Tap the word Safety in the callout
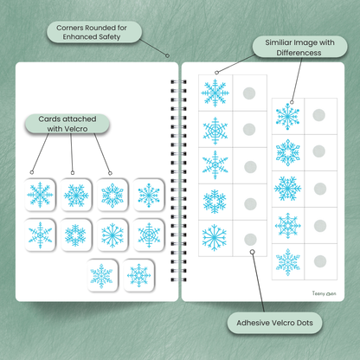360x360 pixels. click(x=110, y=37)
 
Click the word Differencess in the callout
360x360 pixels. click(x=299, y=53)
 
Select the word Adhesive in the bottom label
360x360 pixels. click(x=252, y=323)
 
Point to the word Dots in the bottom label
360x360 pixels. click(x=305, y=323)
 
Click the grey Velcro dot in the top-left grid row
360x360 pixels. click(x=249, y=93)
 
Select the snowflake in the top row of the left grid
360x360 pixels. click(x=215, y=93)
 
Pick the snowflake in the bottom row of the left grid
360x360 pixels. click(x=215, y=237)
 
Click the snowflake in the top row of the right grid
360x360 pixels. click(x=287, y=116)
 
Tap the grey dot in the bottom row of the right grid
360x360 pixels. click(x=320, y=261)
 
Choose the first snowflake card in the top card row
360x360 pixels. click(x=40, y=195)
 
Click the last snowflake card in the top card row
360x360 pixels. click(x=149, y=195)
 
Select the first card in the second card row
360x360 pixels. click(x=40, y=235)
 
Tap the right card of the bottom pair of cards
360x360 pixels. click(x=138, y=275)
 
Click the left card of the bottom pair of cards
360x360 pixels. click(x=102, y=275)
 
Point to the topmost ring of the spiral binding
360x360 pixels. click(x=178, y=82)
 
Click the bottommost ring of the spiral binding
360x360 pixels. click(x=178, y=280)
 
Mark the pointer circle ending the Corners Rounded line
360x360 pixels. click(x=167, y=55)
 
